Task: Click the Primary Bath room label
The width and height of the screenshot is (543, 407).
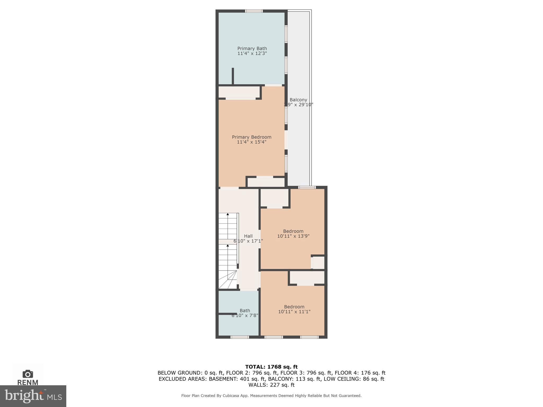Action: click(252, 48)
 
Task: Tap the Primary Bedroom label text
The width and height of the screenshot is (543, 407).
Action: click(251, 137)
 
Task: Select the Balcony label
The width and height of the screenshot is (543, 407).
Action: click(298, 100)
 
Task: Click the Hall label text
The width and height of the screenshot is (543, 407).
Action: click(248, 236)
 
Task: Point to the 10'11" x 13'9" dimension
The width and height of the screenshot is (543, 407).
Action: click(293, 236)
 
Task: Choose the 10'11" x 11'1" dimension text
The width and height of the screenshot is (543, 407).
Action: click(294, 312)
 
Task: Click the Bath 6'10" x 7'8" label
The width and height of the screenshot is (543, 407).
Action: click(245, 313)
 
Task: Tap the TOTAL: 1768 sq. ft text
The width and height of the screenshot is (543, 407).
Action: click(271, 367)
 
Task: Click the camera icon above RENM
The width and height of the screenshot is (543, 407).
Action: click(28, 374)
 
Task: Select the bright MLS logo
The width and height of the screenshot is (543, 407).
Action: click(33, 396)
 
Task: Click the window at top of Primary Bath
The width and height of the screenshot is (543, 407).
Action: click(254, 11)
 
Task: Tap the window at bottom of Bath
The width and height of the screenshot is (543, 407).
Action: click(239, 337)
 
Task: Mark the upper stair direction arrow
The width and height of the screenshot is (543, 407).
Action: click(227, 214)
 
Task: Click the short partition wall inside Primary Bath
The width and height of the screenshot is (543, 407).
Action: click(233, 76)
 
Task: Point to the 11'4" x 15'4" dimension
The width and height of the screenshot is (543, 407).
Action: click(251, 142)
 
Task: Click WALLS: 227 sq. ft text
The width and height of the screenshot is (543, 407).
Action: click(271, 385)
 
